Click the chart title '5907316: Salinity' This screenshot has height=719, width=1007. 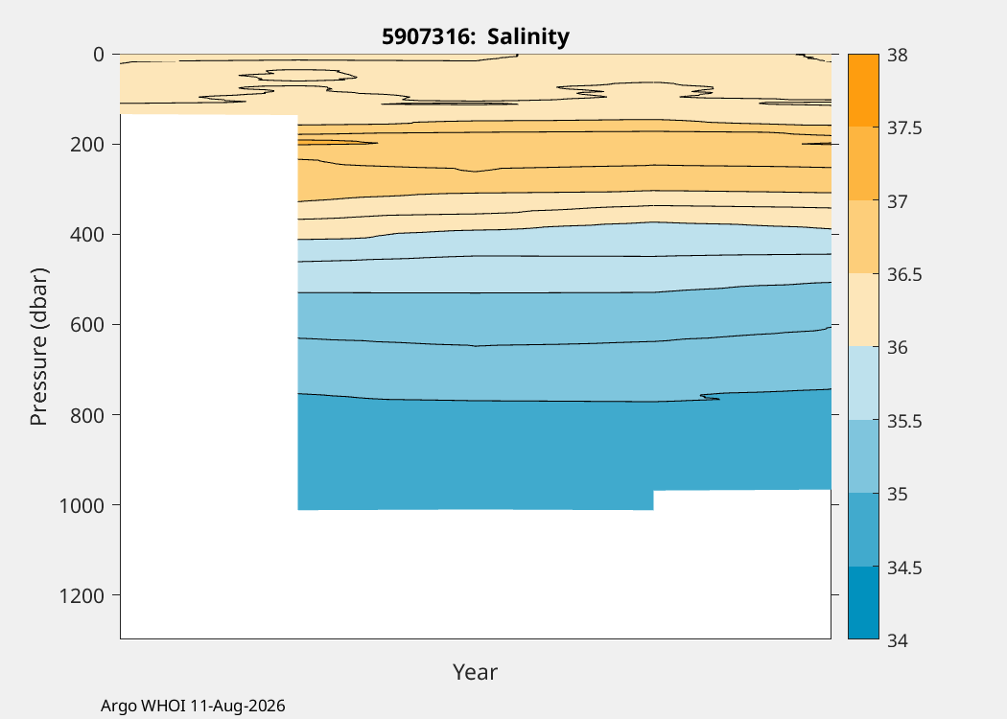tap(476, 36)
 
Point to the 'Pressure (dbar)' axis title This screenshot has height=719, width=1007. tap(38, 347)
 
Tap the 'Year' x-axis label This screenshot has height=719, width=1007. tap(476, 672)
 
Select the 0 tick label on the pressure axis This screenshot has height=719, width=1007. tap(98, 55)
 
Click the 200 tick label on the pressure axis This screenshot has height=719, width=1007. tap(86, 145)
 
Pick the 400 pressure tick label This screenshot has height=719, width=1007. tap(86, 235)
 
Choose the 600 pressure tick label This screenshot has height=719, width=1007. tap(86, 325)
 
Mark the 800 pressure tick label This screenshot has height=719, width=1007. tap(86, 415)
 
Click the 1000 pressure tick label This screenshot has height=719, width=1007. tap(82, 506)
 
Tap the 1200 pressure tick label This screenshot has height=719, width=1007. tap(82, 595)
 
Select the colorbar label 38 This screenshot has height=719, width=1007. tap(898, 56)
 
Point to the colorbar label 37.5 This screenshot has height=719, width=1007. tap(904, 128)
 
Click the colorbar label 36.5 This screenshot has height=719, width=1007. tap(904, 275)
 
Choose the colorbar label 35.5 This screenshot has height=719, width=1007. tap(904, 421)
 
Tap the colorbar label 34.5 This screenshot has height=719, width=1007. tap(904, 568)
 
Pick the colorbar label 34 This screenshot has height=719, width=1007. tap(898, 640)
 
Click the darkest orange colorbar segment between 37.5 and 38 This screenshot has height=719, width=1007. tap(863, 90)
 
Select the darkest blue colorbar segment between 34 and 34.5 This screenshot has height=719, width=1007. tap(863, 603)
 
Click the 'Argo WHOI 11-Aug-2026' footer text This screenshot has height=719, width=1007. tap(193, 707)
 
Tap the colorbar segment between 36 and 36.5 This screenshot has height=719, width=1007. tap(863, 310)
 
